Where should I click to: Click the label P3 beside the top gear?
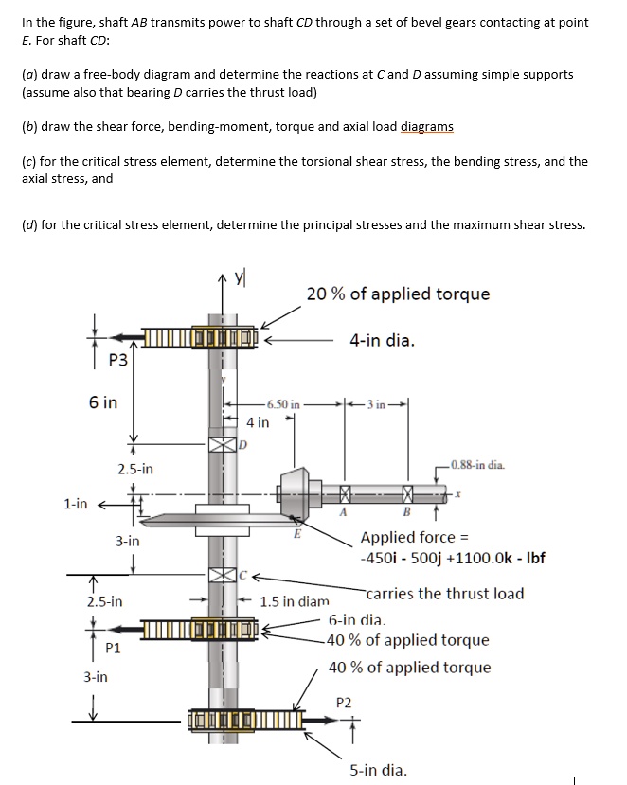pos(118,359)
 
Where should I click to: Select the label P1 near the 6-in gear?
pos(113,648)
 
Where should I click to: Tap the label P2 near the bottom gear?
pos(344,702)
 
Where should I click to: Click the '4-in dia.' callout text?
pos(382,340)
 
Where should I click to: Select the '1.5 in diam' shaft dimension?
pos(295,600)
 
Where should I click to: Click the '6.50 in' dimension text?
pos(284,403)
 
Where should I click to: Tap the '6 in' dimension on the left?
pos(103,402)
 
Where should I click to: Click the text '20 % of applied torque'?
pos(398,294)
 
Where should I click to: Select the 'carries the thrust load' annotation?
pos(444,594)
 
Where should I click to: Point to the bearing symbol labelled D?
pos(222,444)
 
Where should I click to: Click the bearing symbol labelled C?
pos(222,574)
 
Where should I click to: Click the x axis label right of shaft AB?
pos(457,493)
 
